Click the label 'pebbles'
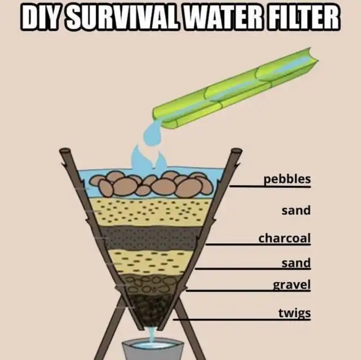coord(287,179)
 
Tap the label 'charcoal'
coord(284,238)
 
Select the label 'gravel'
coord(292,285)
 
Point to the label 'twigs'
coord(294,313)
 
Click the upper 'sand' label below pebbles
coord(296,210)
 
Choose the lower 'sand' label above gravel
coord(296,263)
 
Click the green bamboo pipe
coord(235,89)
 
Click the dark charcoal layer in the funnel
coord(149,238)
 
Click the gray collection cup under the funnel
coord(153,349)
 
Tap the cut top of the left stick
coord(65,151)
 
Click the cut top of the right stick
coord(236,151)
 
